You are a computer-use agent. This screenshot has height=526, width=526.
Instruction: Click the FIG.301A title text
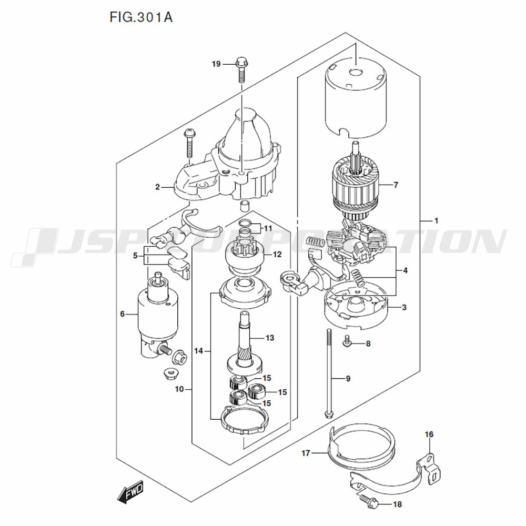point(141,17)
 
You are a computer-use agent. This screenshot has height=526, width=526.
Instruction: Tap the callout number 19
point(216,64)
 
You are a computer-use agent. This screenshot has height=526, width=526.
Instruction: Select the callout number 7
point(396,185)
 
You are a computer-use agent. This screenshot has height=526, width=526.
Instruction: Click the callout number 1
point(436,221)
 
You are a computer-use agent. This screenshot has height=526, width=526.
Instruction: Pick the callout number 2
point(157,187)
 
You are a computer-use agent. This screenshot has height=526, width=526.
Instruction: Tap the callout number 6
point(122,314)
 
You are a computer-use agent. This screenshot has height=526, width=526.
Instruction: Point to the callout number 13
point(270,338)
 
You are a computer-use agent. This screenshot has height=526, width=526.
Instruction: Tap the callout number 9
point(348,379)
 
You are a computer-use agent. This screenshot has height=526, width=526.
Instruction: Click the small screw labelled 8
point(348,342)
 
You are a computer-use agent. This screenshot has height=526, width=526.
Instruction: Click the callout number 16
point(429,434)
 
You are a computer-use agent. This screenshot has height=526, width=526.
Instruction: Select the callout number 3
point(404,307)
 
